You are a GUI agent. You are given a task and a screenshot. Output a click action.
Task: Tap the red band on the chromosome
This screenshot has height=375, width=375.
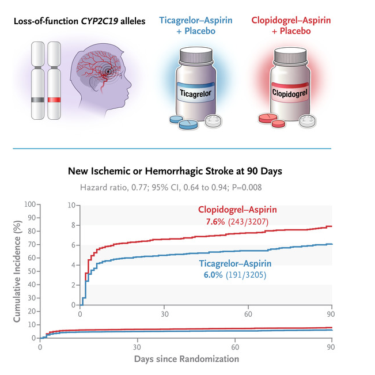pyautogui.click(x=54, y=100)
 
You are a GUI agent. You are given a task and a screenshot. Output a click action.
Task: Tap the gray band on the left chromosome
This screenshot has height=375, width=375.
pyautogui.click(x=37, y=100)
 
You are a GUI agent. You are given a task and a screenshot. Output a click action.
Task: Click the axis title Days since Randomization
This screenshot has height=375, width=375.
pyautogui.click(x=186, y=359)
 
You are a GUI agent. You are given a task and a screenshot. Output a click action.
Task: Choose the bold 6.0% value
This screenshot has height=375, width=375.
pyautogui.click(x=214, y=275)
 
